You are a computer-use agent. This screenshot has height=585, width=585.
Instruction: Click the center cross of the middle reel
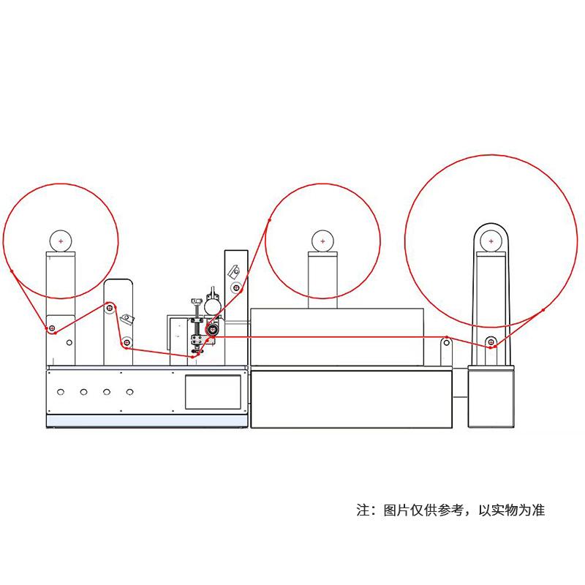[x=322, y=240]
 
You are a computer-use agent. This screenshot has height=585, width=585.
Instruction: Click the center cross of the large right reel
[x=491, y=240]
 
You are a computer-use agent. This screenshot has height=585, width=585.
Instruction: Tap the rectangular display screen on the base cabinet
[x=213, y=392]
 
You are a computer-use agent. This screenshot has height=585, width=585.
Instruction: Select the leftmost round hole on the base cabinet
[x=60, y=392]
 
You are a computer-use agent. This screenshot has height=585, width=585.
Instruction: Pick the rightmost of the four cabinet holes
[x=129, y=392]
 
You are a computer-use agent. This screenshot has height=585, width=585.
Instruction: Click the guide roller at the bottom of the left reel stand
[x=52, y=328]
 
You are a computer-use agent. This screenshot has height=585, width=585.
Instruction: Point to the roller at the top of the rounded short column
[x=110, y=308]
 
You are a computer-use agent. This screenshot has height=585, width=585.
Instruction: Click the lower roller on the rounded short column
[x=127, y=341]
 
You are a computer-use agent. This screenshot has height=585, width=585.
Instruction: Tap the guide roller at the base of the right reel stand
[x=491, y=341]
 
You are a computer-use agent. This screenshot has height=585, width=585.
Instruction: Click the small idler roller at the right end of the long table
[x=446, y=340]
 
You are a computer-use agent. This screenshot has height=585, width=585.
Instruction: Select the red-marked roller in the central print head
[x=213, y=330]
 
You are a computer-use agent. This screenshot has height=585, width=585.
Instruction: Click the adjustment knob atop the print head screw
[x=196, y=301]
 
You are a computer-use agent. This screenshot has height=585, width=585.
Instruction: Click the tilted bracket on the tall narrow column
[x=234, y=271]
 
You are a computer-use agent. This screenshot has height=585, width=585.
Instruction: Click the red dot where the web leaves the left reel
[x=12, y=271]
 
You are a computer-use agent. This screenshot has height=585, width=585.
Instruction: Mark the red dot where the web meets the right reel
[x=543, y=310]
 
